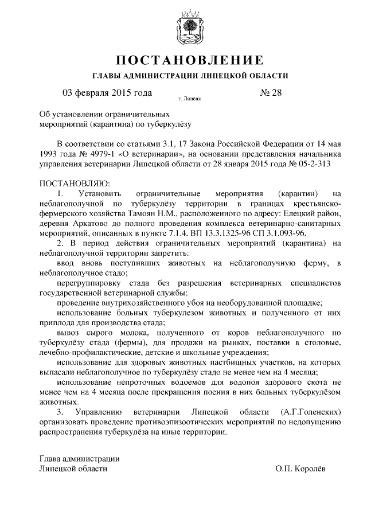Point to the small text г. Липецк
(x=189, y=99)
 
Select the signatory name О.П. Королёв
(x=299, y=469)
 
